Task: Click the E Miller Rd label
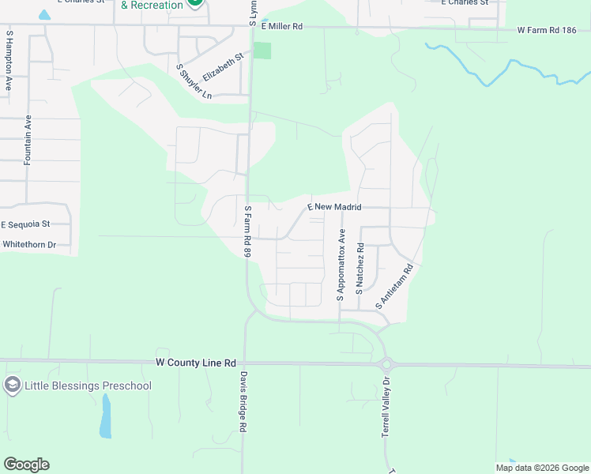[281, 26]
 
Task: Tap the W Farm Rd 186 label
[550, 31]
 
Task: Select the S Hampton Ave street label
[9, 61]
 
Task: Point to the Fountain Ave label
[28, 140]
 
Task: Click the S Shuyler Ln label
[194, 81]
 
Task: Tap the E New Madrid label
[334, 207]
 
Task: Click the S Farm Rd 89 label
[247, 231]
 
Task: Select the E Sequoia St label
[25, 224]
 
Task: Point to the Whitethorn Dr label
[29, 245]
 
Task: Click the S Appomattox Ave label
[341, 265]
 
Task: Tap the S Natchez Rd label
[359, 269]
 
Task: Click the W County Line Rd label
[196, 363]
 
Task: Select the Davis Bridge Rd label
[244, 401]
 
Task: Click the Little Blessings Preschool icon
[12, 386]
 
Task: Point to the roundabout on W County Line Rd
[387, 364]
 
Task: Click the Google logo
[26, 465]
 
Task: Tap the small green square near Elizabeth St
[262, 51]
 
